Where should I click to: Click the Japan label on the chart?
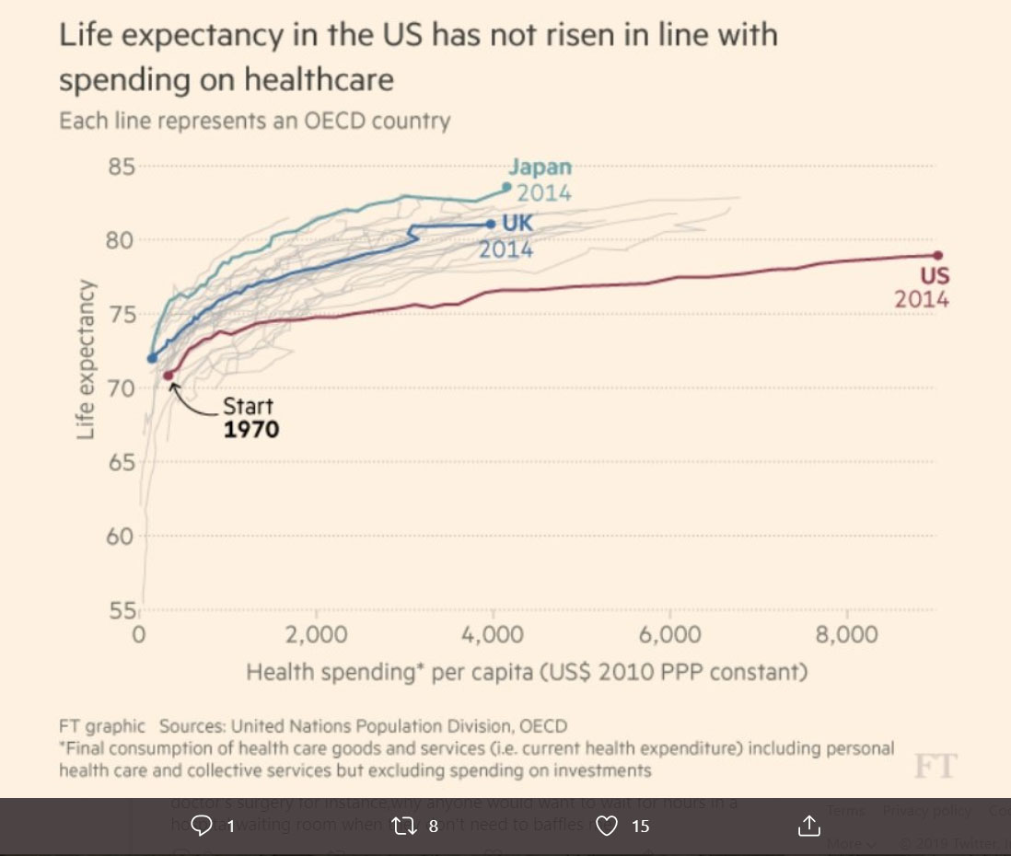pyautogui.click(x=540, y=168)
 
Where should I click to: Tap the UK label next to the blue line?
pyautogui.click(x=517, y=223)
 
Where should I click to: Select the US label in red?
pyautogui.click(x=935, y=276)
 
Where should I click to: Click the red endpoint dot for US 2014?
pyautogui.click(x=937, y=255)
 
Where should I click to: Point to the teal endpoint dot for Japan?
pyautogui.click(x=506, y=187)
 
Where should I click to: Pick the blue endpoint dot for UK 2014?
pyautogui.click(x=490, y=224)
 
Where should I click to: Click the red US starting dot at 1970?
pyautogui.click(x=168, y=375)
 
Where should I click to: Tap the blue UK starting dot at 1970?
pyautogui.click(x=152, y=358)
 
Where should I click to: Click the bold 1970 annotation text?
pyautogui.click(x=251, y=429)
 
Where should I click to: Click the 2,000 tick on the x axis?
pyautogui.click(x=316, y=635)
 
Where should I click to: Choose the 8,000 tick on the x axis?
pyautogui.click(x=846, y=635)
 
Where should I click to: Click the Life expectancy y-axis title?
pyautogui.click(x=86, y=359)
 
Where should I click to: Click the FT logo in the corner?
pyautogui.click(x=935, y=766)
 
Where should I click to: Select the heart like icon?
pyautogui.click(x=606, y=826)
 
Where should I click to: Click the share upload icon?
pyautogui.click(x=808, y=826)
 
